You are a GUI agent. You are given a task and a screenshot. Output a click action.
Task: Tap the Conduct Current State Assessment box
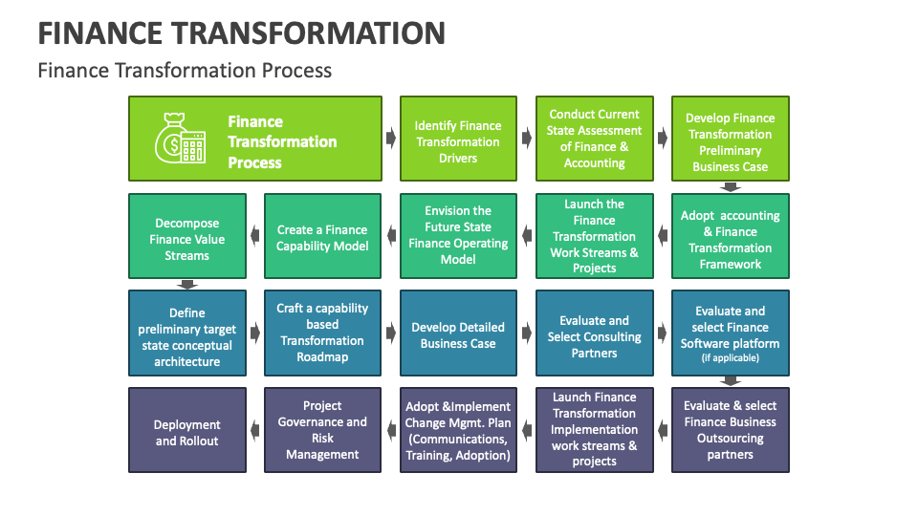[x=594, y=139]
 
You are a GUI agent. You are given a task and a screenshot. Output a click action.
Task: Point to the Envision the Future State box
[x=458, y=236]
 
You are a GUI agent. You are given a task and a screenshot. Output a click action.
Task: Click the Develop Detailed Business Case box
[x=458, y=333]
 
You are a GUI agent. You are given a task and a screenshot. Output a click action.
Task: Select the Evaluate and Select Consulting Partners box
[x=594, y=333]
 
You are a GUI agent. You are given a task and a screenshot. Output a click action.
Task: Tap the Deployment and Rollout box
[x=187, y=431]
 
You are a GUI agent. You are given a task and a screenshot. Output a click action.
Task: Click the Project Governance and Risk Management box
[x=322, y=431]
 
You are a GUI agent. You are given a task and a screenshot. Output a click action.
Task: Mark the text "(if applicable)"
[x=730, y=358]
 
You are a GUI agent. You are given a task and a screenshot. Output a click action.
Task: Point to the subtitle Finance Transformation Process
[x=185, y=70]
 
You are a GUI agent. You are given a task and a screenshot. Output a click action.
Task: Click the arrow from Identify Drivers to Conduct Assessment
[x=526, y=139]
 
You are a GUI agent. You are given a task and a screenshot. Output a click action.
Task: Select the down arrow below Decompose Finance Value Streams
[x=187, y=284]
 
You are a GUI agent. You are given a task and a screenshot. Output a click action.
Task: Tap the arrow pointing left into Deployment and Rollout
[x=255, y=432]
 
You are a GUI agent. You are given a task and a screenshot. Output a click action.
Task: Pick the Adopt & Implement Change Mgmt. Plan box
[x=458, y=431]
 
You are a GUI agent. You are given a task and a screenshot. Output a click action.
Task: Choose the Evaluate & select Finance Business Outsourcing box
[x=730, y=431]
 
